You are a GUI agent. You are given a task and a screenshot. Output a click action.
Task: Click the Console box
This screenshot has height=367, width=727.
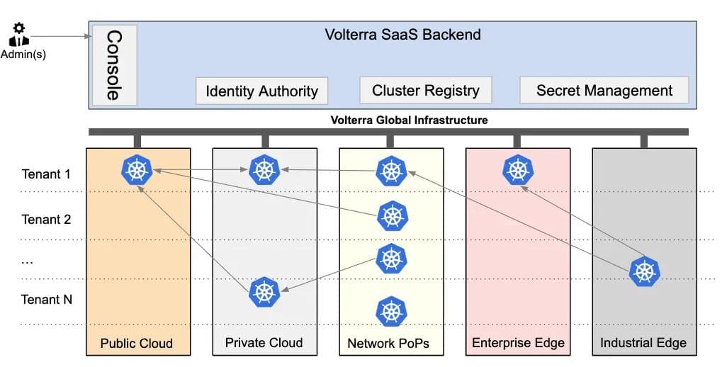click(113, 65)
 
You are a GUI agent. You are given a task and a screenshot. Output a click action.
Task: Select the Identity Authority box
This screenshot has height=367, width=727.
click(261, 91)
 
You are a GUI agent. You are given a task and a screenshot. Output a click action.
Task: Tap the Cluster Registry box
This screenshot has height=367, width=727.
click(425, 91)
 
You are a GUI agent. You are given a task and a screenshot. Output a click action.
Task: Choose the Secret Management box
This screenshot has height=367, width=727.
click(604, 91)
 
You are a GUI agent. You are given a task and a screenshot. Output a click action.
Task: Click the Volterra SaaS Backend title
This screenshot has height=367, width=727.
click(402, 34)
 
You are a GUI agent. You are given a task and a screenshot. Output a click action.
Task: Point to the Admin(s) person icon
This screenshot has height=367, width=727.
click(19, 34)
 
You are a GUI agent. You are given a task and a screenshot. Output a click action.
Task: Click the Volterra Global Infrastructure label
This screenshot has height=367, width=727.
click(409, 120)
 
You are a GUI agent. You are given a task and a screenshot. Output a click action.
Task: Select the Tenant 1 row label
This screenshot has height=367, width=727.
click(47, 174)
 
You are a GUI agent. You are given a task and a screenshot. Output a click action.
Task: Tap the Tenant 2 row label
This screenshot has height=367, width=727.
click(47, 219)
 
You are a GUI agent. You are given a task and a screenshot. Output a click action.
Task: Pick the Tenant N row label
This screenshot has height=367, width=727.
click(47, 300)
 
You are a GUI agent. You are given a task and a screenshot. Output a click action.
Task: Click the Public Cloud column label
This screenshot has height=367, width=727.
click(137, 344)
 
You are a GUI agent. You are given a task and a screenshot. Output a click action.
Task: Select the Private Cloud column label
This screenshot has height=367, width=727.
click(264, 343)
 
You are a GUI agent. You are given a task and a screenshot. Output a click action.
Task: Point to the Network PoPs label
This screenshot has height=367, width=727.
click(388, 344)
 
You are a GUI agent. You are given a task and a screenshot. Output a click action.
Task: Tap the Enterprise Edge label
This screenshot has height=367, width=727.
click(518, 344)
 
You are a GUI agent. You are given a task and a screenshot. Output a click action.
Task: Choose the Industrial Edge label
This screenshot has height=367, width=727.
click(643, 343)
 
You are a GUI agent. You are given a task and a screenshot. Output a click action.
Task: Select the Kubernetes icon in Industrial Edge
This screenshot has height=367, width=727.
click(644, 271)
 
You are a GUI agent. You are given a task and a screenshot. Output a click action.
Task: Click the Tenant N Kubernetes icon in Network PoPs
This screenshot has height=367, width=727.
click(390, 311)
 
